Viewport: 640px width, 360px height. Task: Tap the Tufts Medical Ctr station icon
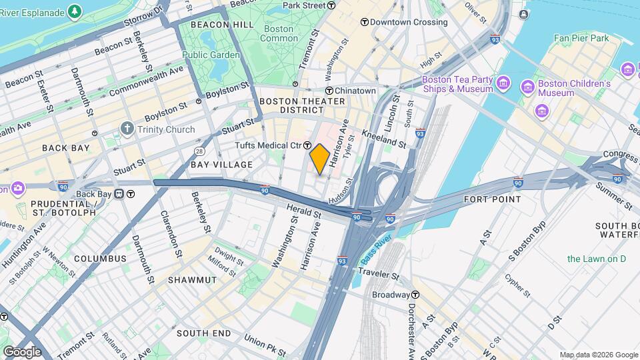click(308, 145)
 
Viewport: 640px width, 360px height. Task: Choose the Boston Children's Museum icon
click(527, 87)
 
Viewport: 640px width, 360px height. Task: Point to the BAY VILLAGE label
click(221, 165)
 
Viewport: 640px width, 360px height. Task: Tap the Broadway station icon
click(416, 295)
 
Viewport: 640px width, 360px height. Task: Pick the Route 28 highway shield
click(199, 151)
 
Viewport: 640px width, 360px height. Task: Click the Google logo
click(22, 351)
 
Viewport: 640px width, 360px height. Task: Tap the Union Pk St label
click(265, 345)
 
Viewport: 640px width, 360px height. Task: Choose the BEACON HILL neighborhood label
click(213, 25)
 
